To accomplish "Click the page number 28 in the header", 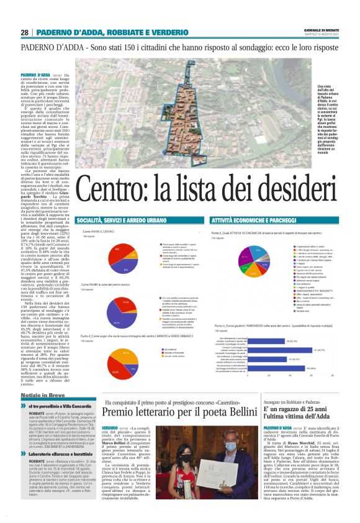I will (24, 32).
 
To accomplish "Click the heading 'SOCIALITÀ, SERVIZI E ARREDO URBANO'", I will (114, 220).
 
